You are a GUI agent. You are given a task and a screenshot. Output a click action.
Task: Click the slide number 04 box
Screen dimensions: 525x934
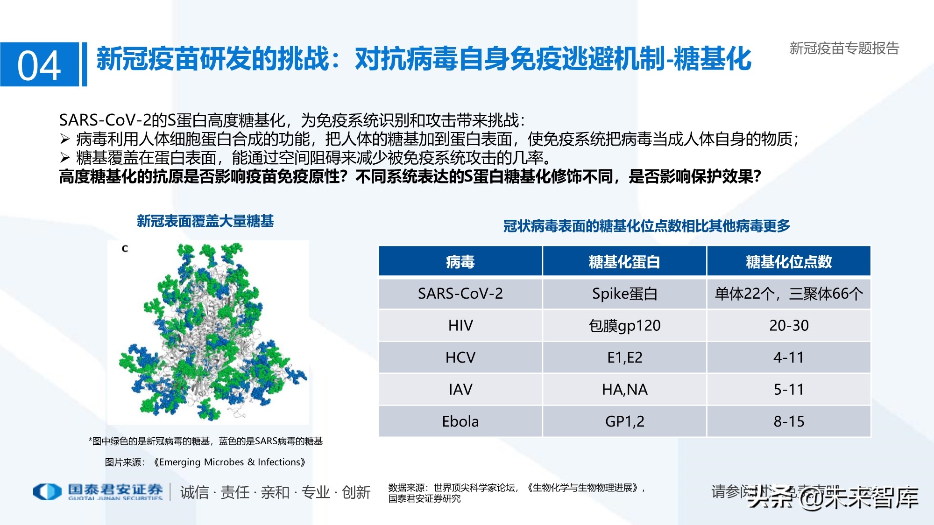(x=39, y=64)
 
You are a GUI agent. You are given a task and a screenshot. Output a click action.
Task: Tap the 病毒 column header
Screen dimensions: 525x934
(x=460, y=262)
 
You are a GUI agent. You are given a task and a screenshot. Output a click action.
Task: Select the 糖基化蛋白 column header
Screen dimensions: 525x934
(x=624, y=262)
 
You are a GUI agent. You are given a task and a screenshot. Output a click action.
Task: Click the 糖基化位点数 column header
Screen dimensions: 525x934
(x=789, y=262)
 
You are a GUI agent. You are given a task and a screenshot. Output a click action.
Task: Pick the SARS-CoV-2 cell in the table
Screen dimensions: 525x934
(x=460, y=294)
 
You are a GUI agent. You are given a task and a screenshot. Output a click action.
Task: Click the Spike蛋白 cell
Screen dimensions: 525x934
(x=624, y=294)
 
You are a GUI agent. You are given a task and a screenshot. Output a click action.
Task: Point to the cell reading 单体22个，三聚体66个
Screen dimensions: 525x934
(x=789, y=294)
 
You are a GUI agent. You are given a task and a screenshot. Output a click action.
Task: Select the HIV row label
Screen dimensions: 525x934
(x=460, y=325)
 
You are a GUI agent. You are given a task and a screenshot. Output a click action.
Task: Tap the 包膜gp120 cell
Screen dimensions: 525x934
(x=624, y=325)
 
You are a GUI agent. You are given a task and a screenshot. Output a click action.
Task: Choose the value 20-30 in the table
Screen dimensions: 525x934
(x=789, y=325)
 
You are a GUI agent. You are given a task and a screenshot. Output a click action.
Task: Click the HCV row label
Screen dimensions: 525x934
(x=460, y=357)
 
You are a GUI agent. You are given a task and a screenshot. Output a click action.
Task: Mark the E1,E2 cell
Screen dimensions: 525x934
(x=624, y=357)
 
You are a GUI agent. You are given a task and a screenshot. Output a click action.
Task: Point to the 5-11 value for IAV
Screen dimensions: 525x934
(x=789, y=389)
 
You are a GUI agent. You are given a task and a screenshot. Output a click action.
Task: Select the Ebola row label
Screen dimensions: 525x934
(x=460, y=421)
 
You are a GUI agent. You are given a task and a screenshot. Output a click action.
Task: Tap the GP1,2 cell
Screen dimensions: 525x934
(x=624, y=421)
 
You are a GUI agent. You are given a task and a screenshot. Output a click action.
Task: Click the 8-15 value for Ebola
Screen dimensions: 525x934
(x=789, y=421)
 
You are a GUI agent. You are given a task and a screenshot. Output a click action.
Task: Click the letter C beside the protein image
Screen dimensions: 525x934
(x=125, y=249)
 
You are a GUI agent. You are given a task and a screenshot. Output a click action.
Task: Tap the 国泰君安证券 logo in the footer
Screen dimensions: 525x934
(x=98, y=491)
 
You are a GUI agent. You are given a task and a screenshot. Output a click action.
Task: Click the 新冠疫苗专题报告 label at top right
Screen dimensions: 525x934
(x=844, y=48)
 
